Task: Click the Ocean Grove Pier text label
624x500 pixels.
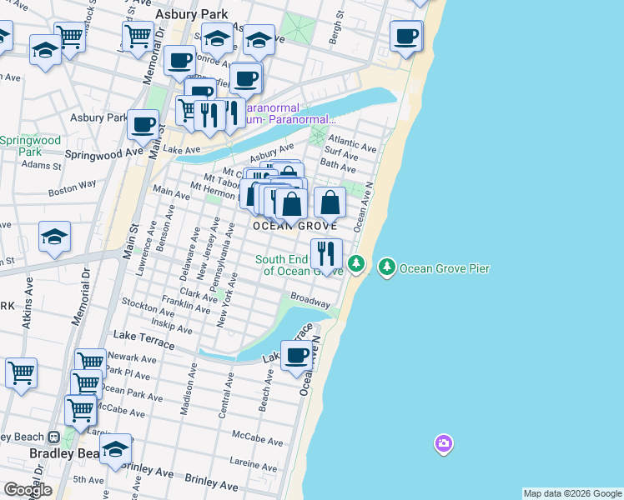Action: click(445, 268)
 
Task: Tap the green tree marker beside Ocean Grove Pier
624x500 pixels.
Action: click(386, 267)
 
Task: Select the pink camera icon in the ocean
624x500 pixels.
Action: click(443, 443)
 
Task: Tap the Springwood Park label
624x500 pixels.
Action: click(30, 147)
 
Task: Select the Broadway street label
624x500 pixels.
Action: click(310, 297)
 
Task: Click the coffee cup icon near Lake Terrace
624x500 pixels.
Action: click(296, 356)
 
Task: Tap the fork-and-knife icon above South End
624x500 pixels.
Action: click(326, 252)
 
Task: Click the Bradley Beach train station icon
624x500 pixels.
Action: click(53, 437)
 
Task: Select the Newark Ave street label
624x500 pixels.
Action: click(132, 358)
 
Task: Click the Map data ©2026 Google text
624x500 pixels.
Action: click(572, 493)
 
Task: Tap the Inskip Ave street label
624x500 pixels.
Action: click(173, 321)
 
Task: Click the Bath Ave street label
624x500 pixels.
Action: click(338, 167)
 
